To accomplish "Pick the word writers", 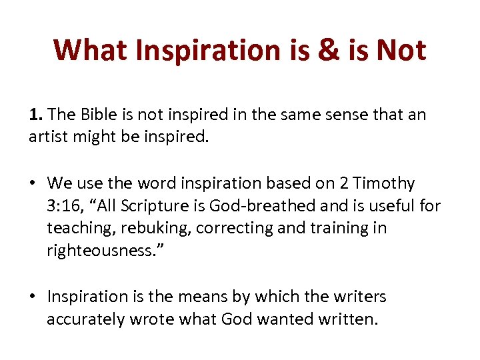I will coord(359,297).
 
